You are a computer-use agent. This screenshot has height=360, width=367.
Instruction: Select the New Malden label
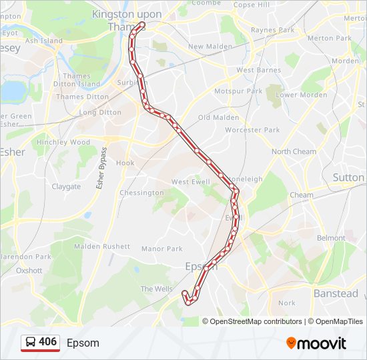pos(210,47)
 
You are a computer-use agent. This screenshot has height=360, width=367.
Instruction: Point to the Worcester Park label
pos(253,130)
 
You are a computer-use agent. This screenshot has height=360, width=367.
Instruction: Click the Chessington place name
pos(141,193)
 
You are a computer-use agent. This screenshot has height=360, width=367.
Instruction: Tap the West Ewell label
pos(190,182)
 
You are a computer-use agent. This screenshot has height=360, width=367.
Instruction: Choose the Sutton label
pos(348,177)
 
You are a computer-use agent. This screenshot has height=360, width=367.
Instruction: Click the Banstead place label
pos(336,293)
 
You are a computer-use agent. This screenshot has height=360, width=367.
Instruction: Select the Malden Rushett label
pos(102,246)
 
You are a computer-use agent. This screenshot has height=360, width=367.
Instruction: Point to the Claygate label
pos(66,187)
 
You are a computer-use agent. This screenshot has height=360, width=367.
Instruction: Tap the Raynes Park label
pos(272,31)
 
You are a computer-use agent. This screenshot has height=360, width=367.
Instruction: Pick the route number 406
pos(48,342)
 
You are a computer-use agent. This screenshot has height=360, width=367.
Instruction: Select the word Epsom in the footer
pos(83,343)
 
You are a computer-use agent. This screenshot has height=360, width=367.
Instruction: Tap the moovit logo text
pos(322,343)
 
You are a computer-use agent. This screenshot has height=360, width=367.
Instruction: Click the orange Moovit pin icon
pos(291,343)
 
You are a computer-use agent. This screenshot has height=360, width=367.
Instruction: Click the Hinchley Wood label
pos(63,142)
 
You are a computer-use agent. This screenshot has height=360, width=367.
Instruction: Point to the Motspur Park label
pos(238,91)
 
